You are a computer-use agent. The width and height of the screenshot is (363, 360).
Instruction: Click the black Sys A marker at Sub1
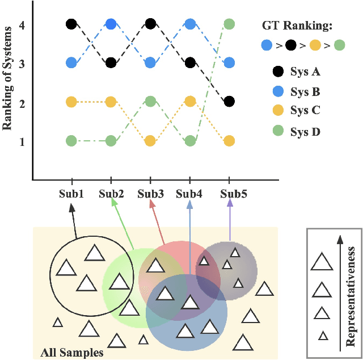(x=71, y=24)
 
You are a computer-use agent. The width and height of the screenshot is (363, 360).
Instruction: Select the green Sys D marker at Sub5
(x=229, y=24)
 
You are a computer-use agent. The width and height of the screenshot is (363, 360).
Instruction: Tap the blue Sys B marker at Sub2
(x=111, y=24)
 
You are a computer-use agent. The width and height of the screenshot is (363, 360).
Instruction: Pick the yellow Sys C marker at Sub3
(x=150, y=141)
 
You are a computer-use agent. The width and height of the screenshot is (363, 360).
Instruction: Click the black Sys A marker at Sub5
(x=229, y=102)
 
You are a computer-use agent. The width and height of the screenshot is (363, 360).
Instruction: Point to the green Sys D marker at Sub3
(x=150, y=102)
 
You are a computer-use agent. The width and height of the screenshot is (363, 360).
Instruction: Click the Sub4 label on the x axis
(x=189, y=194)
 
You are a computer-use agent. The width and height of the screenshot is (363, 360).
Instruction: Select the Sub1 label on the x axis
(x=71, y=194)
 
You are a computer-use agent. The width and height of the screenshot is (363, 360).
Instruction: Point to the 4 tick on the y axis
(x=22, y=26)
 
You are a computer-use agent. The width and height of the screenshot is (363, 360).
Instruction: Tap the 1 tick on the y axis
(x=22, y=141)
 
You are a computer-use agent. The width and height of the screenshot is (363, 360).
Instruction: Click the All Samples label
(x=72, y=353)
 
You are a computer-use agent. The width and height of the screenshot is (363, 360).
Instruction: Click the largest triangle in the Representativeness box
(x=322, y=262)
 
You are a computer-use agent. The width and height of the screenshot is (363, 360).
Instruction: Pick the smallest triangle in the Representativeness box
(x=323, y=336)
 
